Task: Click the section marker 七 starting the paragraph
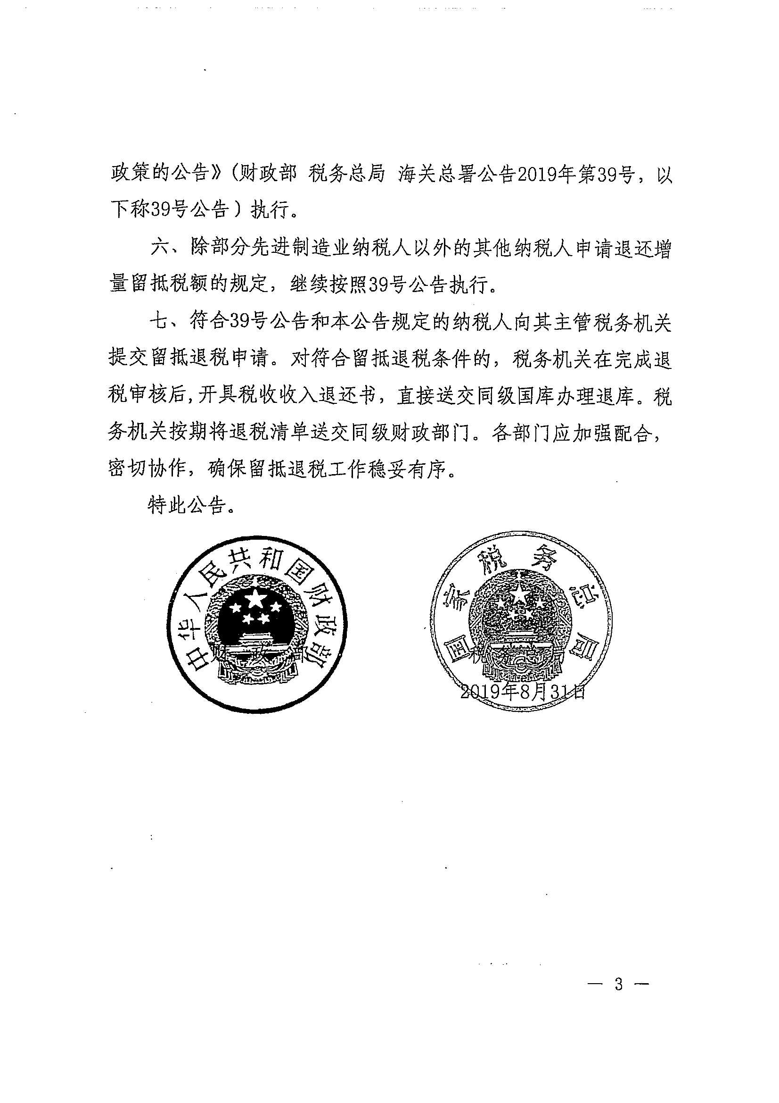(159, 322)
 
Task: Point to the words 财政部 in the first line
(266, 175)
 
